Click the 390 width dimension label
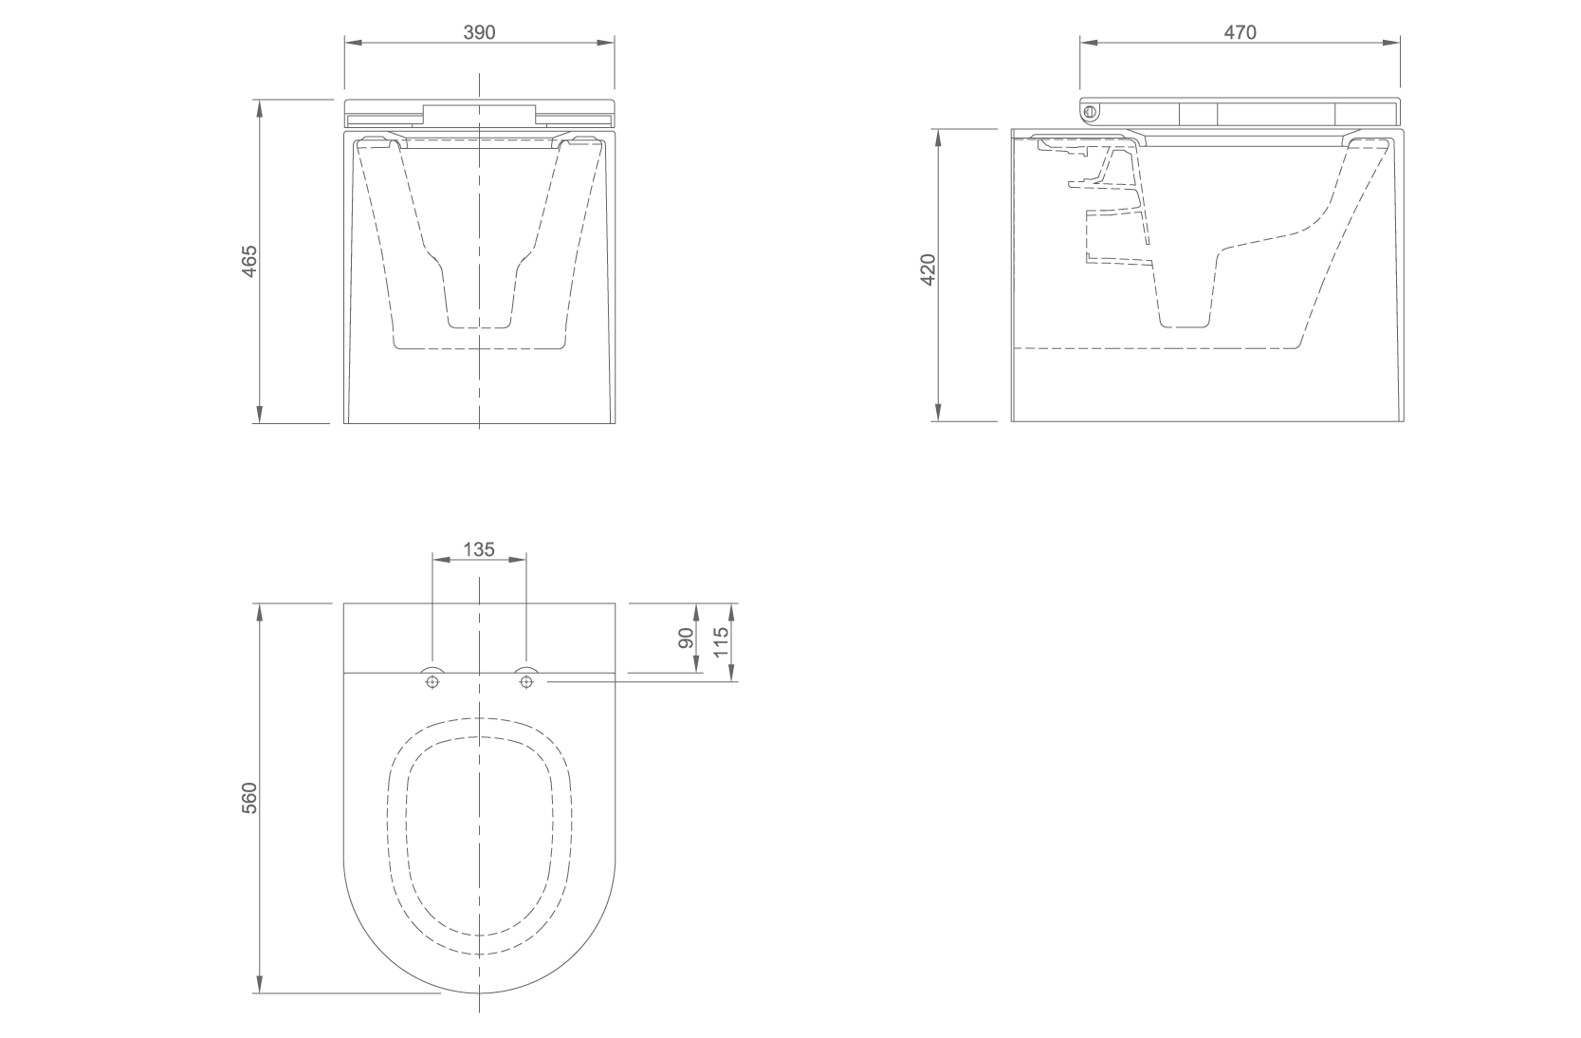click(479, 32)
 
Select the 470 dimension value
click(1241, 32)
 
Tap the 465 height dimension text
click(249, 261)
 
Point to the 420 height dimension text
click(928, 269)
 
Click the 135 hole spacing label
click(479, 548)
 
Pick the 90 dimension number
click(686, 638)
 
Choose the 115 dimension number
click(721, 641)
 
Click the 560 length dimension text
click(249, 798)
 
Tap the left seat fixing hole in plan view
click(432, 681)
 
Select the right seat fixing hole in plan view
click(525, 681)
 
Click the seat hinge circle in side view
click(1092, 112)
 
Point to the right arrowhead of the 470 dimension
click(1391, 43)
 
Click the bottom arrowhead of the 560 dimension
click(260, 984)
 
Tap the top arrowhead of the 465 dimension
click(260, 109)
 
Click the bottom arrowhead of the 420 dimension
click(938, 413)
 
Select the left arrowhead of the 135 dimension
click(441, 560)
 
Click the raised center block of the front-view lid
click(479, 116)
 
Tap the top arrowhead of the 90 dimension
click(697, 612)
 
